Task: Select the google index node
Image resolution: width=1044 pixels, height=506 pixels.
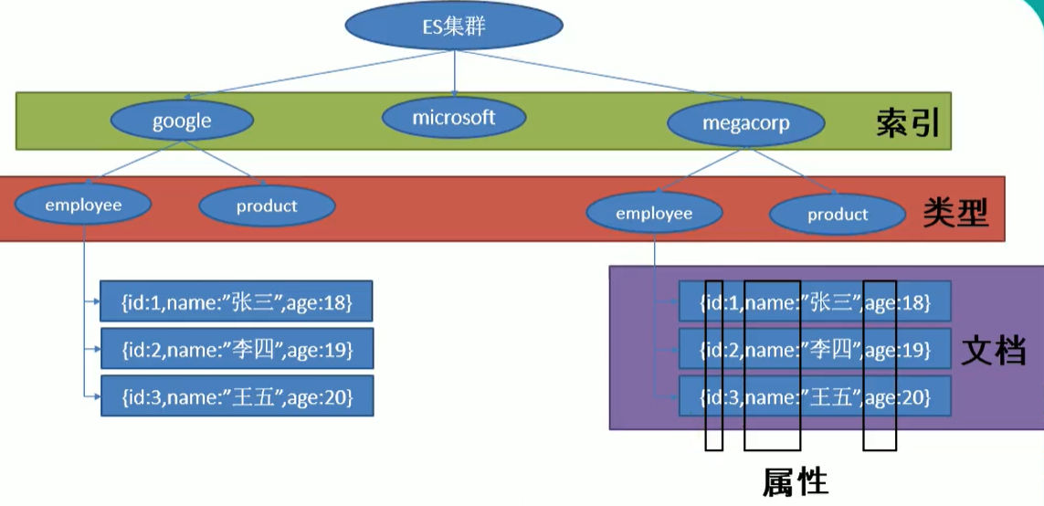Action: pos(182,121)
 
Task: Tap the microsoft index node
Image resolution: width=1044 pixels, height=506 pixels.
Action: pos(454,118)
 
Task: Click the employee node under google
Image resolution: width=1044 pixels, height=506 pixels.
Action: pos(83,206)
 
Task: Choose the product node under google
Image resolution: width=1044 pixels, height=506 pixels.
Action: pos(267,206)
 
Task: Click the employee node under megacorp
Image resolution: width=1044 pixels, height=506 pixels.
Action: pos(654,214)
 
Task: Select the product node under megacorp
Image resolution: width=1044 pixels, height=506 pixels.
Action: pos(837,216)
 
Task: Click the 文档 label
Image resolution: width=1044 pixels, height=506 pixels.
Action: pos(993,350)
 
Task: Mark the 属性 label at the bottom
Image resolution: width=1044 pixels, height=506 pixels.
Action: pos(795,481)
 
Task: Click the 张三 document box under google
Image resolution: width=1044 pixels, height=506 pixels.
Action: pos(237,302)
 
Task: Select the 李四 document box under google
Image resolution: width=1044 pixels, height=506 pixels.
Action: pos(237,349)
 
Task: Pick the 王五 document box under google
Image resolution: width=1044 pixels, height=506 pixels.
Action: pos(237,396)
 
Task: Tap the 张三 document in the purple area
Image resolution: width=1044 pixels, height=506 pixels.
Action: pos(815,302)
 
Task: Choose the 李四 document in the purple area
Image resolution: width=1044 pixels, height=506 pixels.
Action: pos(815,350)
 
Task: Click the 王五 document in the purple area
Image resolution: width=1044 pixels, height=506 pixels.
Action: pos(815,397)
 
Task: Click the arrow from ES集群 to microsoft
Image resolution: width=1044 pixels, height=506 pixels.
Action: pos(455,73)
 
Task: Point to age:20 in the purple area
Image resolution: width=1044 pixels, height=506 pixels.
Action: pos(898,397)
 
